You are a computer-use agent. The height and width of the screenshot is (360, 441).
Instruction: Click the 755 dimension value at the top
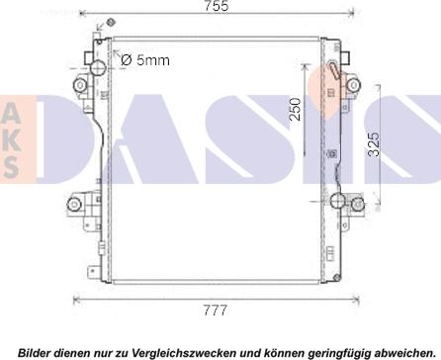[x=217, y=6]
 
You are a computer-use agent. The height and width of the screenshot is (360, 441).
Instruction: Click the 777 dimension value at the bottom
[x=216, y=311]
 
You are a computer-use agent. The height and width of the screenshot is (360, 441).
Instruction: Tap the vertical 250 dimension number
[x=296, y=109]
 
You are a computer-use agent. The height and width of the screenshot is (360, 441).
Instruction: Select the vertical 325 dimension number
[x=374, y=144]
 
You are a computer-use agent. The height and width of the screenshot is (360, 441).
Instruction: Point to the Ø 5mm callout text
[x=145, y=60]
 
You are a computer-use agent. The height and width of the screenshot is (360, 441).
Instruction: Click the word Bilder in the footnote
[x=36, y=352]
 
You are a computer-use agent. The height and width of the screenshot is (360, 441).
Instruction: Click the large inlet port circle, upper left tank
[x=98, y=68]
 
